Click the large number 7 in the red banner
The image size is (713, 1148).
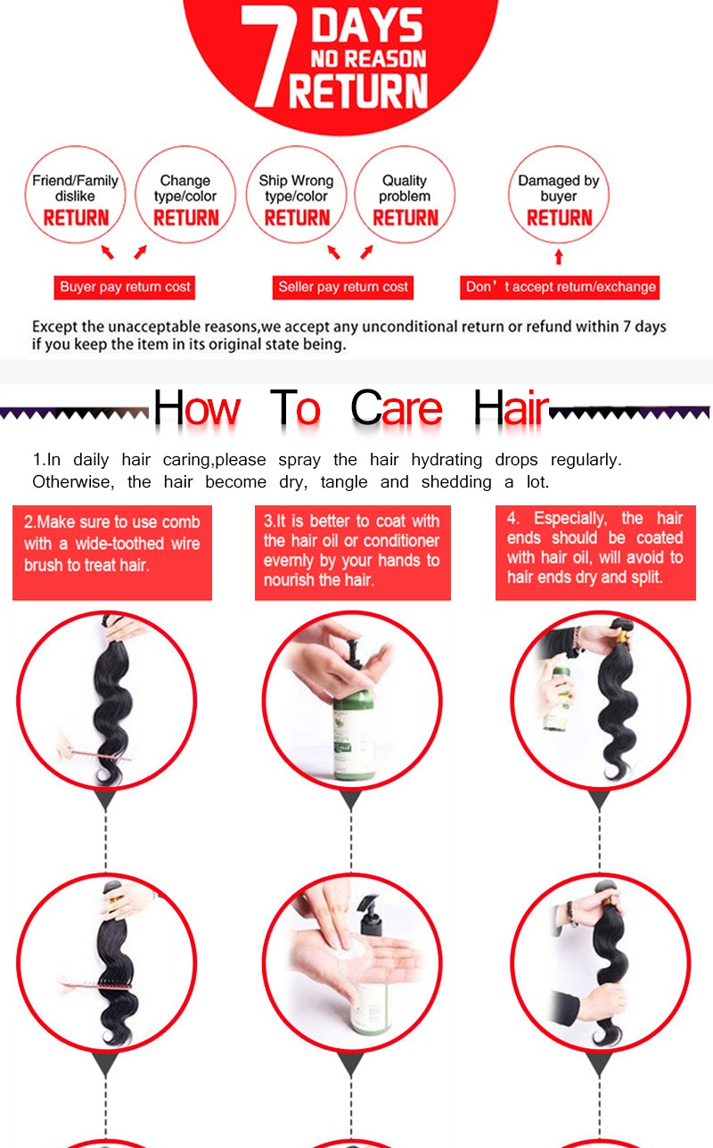(x=268, y=56)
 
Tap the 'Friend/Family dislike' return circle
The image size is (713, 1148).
(x=75, y=194)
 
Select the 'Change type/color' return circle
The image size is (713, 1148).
(x=185, y=194)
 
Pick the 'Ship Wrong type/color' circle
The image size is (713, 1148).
(x=296, y=194)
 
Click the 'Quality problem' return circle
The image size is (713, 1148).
(x=405, y=194)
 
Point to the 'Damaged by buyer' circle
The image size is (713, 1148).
(x=559, y=194)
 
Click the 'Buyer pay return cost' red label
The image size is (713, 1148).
(x=125, y=287)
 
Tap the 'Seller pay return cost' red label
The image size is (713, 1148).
(x=343, y=287)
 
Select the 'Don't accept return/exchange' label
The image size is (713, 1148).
(x=560, y=287)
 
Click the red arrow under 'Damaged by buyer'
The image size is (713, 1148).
(x=559, y=257)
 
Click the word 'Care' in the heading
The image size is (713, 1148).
(x=396, y=407)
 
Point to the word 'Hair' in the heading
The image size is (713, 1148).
(x=511, y=407)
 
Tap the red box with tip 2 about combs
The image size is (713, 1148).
(x=112, y=553)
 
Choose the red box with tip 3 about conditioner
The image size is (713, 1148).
(x=353, y=553)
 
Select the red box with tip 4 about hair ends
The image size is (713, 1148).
(x=595, y=553)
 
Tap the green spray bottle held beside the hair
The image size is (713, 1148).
(x=556, y=697)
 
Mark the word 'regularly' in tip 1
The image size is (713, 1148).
(x=586, y=460)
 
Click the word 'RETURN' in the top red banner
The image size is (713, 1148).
(x=357, y=91)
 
